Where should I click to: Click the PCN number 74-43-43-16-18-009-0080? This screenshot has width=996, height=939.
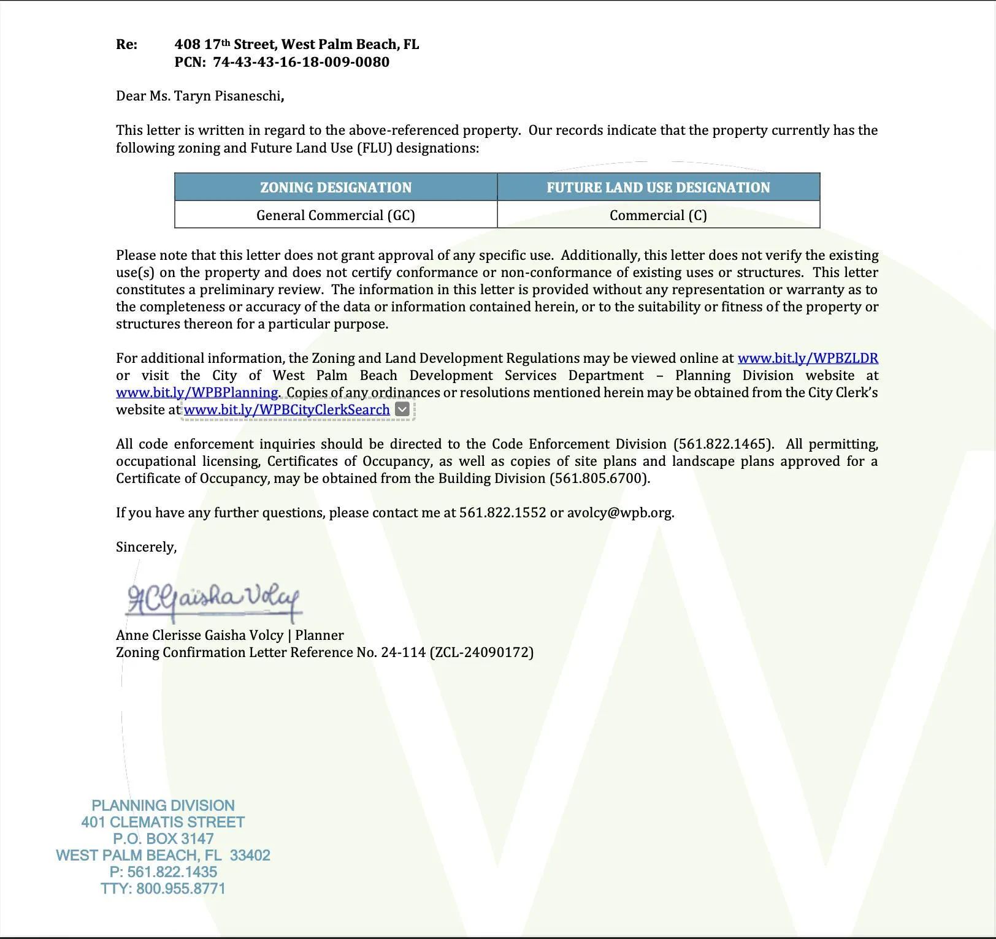(x=301, y=62)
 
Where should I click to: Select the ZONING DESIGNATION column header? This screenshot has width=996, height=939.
(x=335, y=188)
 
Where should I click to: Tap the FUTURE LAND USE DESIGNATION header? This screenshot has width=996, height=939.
(x=658, y=188)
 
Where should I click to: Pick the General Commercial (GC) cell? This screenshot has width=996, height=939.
(x=335, y=215)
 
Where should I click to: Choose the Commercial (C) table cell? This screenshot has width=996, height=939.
(x=658, y=215)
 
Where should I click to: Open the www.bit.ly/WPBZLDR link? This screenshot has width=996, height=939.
(x=808, y=358)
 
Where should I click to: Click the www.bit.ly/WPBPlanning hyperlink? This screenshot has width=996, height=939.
(x=197, y=392)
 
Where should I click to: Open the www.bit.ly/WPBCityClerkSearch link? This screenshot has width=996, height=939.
(x=286, y=409)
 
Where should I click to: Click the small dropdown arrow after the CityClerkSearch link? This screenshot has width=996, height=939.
(x=402, y=409)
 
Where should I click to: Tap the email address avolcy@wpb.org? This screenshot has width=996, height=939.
(x=619, y=512)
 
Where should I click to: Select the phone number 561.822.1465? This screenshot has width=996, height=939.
(x=723, y=444)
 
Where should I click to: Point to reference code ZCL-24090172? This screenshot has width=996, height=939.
(x=482, y=652)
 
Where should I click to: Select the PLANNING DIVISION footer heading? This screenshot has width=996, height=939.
(x=163, y=805)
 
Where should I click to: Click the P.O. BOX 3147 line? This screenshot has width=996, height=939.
(x=163, y=838)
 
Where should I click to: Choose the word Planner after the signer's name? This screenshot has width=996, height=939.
(x=320, y=635)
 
